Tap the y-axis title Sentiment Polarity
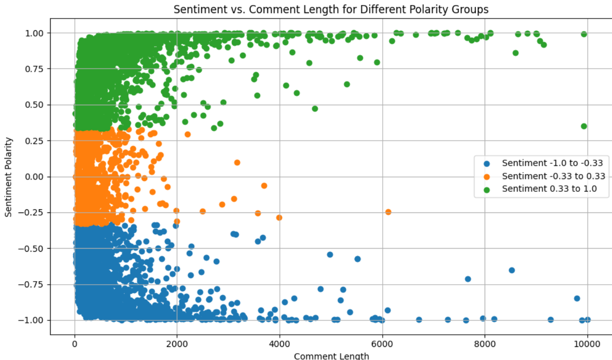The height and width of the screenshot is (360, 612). pos(9,176)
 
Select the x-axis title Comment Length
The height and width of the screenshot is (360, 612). pos(331,356)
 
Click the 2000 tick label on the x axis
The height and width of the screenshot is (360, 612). pos(177,344)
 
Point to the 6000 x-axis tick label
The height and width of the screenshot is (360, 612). pos(382,344)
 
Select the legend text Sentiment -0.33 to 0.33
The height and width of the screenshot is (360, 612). pos(553,176)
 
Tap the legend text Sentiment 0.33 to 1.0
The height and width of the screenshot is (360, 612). pos(549,189)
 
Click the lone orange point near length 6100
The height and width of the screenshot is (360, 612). pos(388,212)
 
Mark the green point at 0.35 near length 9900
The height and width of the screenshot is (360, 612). pos(584,126)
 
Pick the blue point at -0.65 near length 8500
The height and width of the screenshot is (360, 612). pos(511,270)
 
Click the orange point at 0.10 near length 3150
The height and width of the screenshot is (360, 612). pos(237,162)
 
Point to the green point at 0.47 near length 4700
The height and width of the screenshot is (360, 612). pos(315,109)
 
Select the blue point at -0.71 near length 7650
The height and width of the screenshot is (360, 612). pos(468,279)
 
